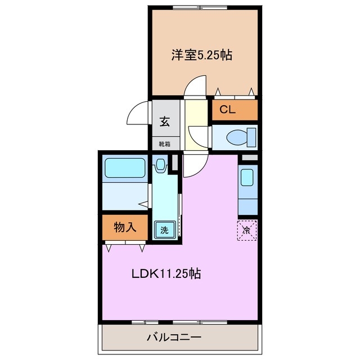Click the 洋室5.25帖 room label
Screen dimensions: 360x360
202,55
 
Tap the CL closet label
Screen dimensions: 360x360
227,110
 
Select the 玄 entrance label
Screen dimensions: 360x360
165,121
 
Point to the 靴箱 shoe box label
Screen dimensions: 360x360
165,143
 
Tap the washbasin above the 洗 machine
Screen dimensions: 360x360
161,165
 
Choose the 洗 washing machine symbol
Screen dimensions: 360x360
164,229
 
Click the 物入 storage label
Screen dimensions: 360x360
125,227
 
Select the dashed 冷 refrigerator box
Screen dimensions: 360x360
247,229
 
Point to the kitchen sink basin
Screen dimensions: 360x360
247,178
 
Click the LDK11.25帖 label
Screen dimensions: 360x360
166,274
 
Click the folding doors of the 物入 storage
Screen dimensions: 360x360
125,246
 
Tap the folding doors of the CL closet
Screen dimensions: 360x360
235,93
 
